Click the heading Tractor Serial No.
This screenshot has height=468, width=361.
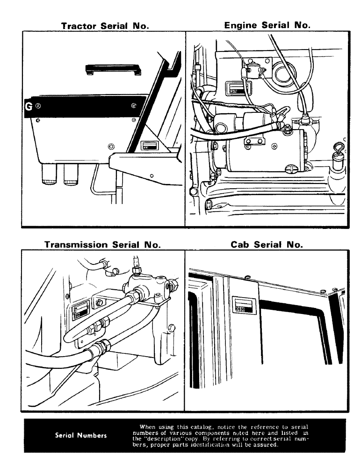(105, 26)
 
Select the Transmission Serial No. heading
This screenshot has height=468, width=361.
(102, 245)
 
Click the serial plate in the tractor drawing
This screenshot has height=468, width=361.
(149, 145)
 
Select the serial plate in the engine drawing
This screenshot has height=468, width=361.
(233, 88)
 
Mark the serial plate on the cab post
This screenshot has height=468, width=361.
(245, 305)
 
